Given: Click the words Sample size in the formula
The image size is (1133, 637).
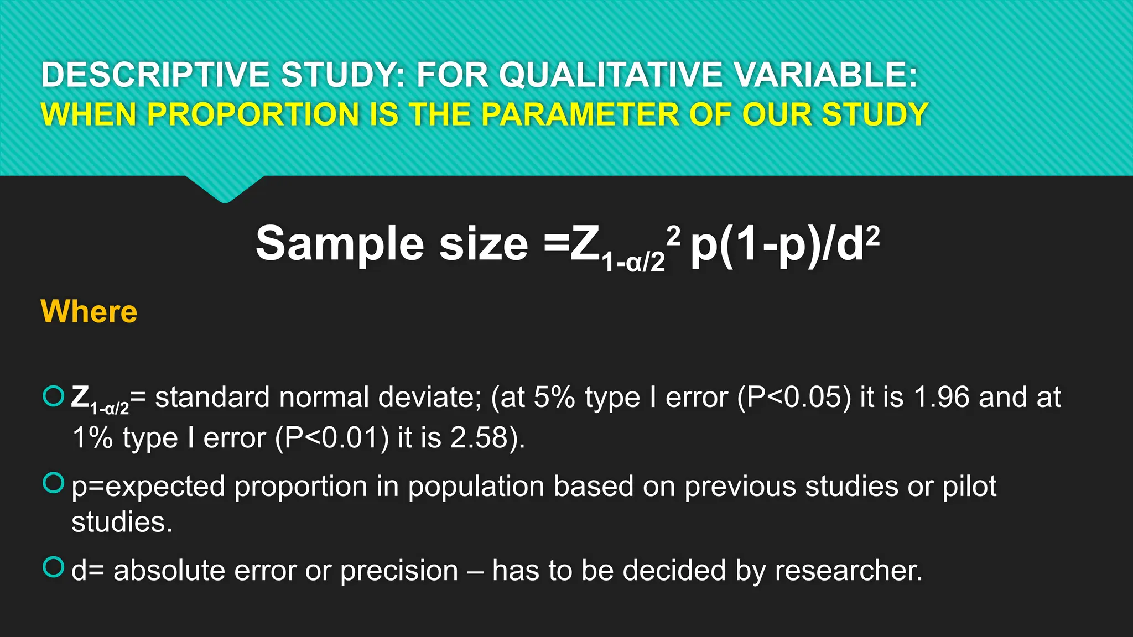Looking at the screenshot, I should (x=392, y=244).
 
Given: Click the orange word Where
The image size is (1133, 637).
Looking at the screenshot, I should (x=89, y=311).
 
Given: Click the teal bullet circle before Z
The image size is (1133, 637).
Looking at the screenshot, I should (x=54, y=396).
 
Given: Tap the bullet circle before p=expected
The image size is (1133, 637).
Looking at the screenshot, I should (x=54, y=483).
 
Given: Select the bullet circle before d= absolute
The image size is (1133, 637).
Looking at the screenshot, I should (x=54, y=567).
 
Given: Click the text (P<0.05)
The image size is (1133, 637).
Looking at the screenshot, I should (x=794, y=398).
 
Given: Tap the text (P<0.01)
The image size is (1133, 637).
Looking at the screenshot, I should (x=332, y=438).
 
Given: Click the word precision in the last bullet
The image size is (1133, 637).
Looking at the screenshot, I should (x=399, y=571).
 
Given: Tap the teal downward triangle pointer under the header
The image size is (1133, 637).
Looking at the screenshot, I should (x=225, y=188).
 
